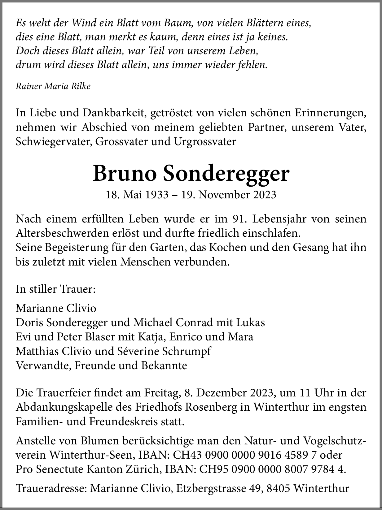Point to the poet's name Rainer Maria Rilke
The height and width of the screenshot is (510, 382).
53,86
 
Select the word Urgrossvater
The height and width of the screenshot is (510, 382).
205,141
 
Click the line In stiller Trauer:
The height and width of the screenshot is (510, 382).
56,289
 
